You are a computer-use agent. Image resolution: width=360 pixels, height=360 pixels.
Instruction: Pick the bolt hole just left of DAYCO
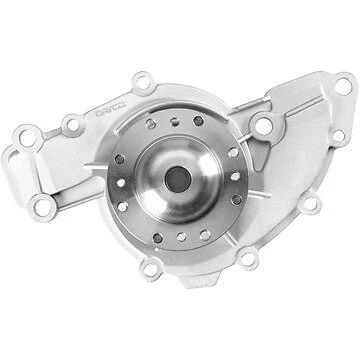point(71,124)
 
